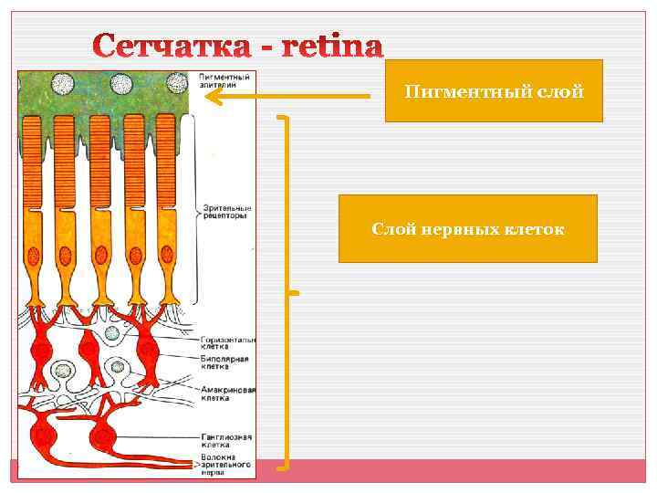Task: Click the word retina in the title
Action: point(328,46)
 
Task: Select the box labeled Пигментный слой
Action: point(494,90)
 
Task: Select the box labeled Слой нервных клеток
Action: point(467,228)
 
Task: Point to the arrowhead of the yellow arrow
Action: point(209,94)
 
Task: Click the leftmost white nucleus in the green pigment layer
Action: point(62,85)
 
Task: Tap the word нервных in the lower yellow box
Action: point(464,228)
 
